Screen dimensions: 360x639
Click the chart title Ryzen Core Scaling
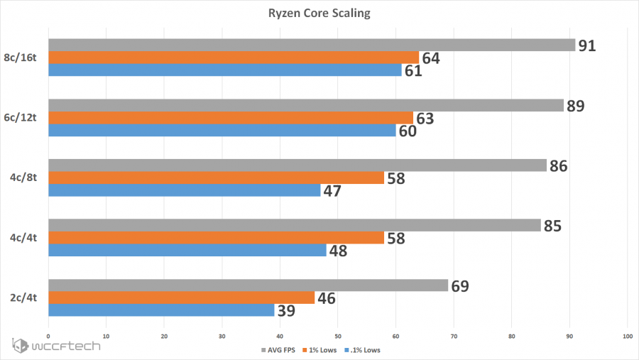coord(319,13)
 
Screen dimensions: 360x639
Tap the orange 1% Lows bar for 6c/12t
coord(230,118)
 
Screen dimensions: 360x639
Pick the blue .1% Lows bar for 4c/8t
coord(184,191)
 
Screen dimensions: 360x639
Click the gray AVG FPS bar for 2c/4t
coord(248,285)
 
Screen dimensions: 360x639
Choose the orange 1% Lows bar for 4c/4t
coord(216,238)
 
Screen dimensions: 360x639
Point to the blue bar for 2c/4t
coord(161,310)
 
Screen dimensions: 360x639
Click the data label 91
coord(586,45)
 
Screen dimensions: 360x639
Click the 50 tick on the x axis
coord(337,335)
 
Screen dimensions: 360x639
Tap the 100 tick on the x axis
coord(626,335)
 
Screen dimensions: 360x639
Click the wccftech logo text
coord(67,347)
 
